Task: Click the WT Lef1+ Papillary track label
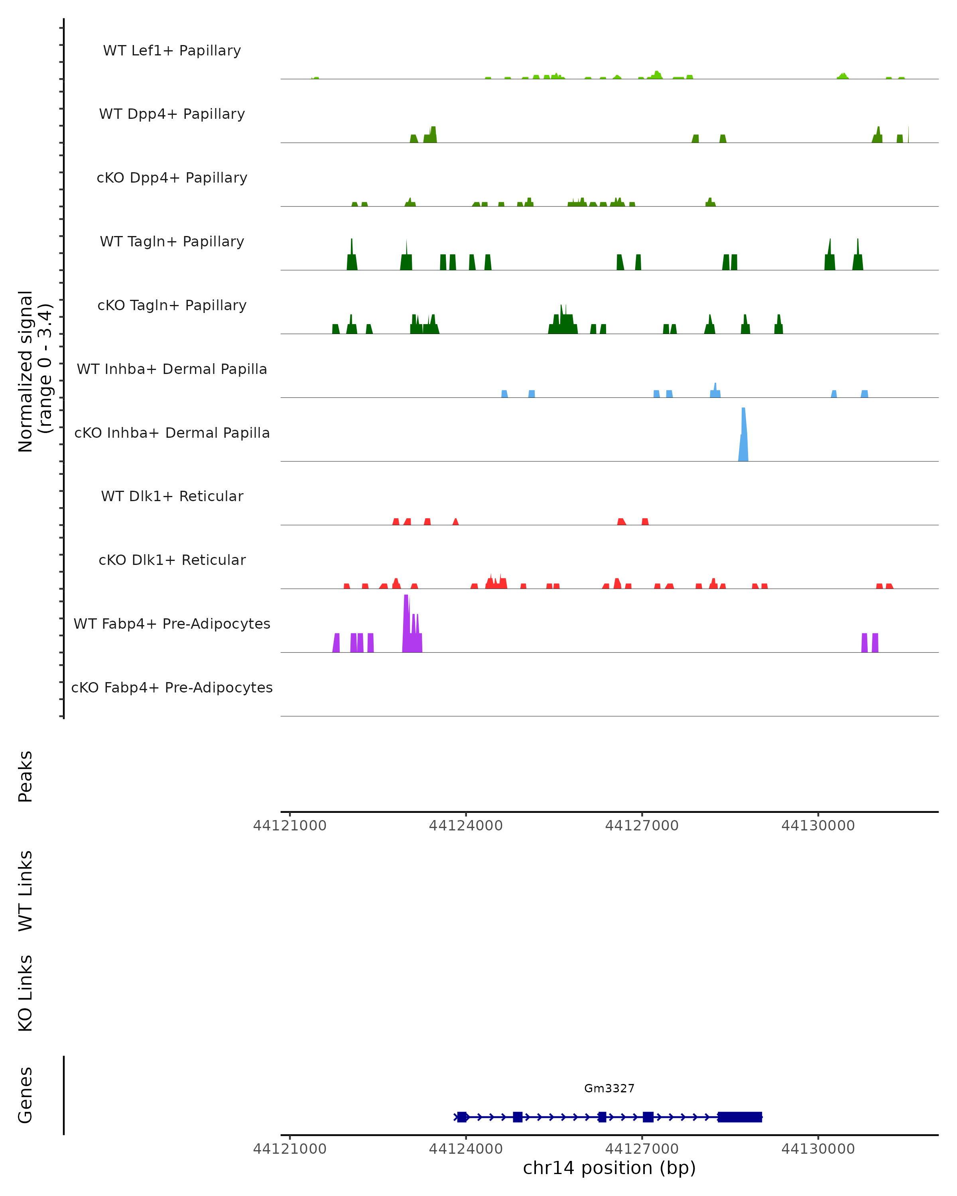(172, 51)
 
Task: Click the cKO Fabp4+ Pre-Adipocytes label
(172, 687)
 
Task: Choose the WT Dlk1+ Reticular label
(172, 496)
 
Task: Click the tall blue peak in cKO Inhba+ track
(743, 438)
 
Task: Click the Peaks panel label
(26, 777)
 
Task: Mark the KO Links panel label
(26, 993)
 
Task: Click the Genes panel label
(26, 1095)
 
